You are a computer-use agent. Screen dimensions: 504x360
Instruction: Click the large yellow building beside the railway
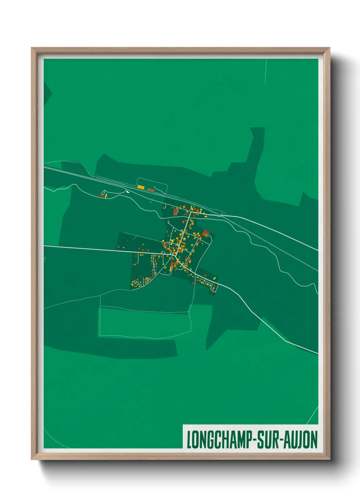tap(141, 187)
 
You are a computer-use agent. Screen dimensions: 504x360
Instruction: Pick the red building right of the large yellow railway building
tap(151, 190)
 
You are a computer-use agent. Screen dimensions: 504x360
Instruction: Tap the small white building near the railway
tap(128, 191)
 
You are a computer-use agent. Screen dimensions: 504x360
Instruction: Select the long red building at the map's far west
tap(101, 195)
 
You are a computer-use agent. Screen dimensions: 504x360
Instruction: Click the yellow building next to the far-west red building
tap(105, 195)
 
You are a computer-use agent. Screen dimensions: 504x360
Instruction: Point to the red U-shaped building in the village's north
tap(176, 212)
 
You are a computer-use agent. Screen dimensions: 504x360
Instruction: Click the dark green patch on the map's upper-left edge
tap(47, 92)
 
